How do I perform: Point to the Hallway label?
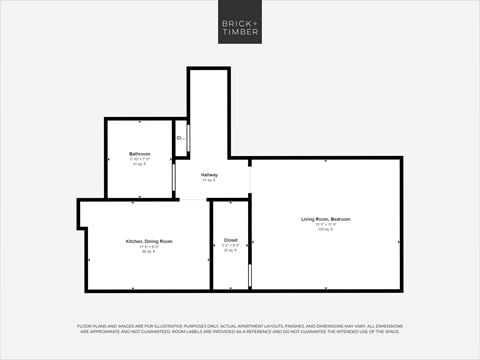[x=209, y=175]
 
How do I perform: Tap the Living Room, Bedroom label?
[x=326, y=219]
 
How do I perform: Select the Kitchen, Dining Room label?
[x=149, y=241]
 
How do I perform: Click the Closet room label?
[x=230, y=241]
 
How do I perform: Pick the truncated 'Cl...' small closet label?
[x=181, y=138]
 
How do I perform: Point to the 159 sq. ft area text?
[x=326, y=229]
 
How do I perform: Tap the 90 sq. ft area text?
[x=149, y=251]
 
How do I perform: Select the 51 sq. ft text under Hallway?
[x=209, y=181]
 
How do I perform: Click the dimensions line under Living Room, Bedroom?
[x=326, y=224]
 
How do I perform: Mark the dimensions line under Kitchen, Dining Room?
[x=149, y=246]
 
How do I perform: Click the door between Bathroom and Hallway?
[x=174, y=176]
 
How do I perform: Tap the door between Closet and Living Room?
[x=249, y=273]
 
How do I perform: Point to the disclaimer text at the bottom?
[x=240, y=329]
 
